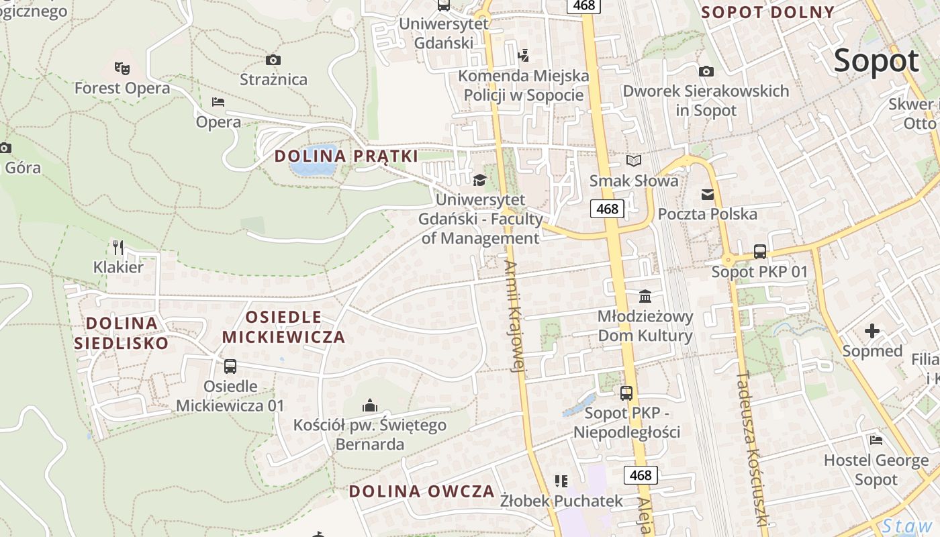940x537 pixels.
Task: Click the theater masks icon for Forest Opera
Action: [122, 68]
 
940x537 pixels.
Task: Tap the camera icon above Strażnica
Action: [273, 60]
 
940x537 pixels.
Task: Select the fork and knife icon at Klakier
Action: [118, 247]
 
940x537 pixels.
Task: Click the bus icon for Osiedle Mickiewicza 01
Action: [230, 366]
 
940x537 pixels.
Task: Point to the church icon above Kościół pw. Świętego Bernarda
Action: [369, 405]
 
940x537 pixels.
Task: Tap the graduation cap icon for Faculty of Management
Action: [479, 180]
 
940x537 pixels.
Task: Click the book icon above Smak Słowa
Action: [634, 160]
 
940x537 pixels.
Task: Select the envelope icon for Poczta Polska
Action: [708, 194]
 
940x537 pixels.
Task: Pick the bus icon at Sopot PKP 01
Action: [759, 252]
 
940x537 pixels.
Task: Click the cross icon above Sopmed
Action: [872, 330]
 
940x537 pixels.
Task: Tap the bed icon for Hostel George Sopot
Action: [876, 440]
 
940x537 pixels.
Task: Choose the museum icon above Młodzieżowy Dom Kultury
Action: [645, 296]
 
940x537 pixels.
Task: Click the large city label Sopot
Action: [876, 61]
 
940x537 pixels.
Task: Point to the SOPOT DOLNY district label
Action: [767, 12]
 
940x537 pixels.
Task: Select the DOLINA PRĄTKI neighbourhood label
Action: [346, 156]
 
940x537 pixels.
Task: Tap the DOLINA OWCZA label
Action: [422, 491]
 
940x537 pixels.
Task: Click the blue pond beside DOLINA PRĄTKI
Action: [313, 161]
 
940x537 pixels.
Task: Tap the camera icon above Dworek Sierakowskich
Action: [706, 71]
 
